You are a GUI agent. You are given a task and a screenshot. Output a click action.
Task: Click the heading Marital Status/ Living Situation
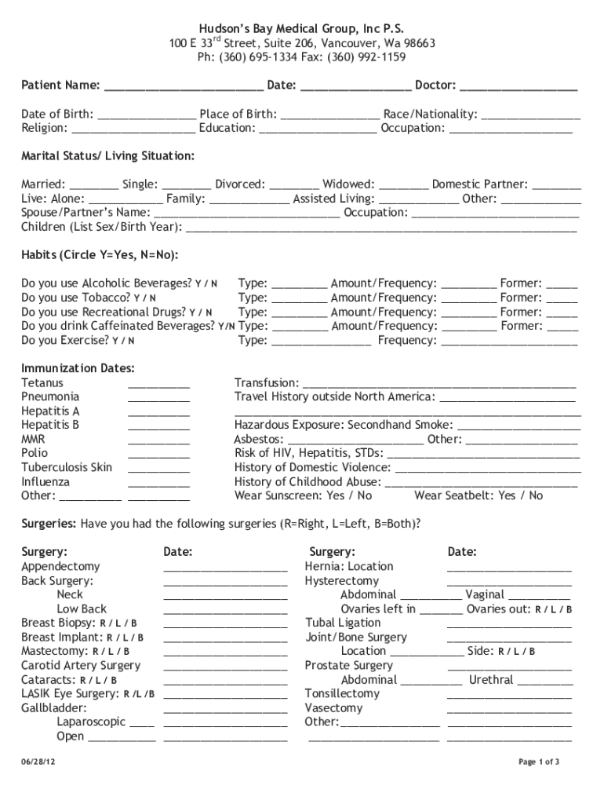(107, 156)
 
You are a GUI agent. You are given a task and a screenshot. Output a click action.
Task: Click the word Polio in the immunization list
(35, 453)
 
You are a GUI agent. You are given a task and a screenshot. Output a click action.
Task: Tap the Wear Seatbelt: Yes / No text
(478, 495)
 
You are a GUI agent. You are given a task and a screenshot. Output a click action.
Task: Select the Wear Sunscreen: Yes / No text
(303, 495)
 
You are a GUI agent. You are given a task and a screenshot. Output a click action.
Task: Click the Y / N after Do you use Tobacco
(144, 298)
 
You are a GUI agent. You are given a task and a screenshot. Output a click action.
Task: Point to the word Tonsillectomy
(342, 694)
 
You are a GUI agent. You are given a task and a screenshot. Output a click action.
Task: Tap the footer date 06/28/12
(38, 762)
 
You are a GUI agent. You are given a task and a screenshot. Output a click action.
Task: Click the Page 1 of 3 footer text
(539, 762)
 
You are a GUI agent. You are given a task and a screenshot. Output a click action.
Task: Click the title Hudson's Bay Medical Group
(301, 28)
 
